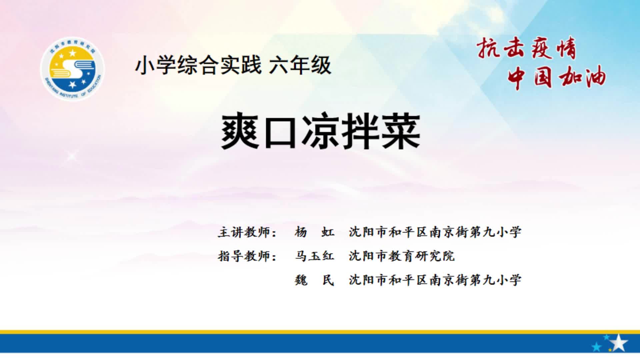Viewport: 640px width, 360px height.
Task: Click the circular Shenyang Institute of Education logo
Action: click(72, 69)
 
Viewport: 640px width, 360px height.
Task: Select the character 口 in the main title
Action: click(280, 132)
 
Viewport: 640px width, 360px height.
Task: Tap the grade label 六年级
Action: click(300, 65)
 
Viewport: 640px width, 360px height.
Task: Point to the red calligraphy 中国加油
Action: click(556, 77)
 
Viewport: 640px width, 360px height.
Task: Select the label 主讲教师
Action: click(247, 232)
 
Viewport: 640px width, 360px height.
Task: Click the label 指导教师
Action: click(247, 256)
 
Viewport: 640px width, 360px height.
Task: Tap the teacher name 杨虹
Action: click(314, 232)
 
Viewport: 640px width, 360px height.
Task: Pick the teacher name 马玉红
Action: click(314, 256)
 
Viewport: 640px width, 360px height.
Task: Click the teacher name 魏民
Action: click(314, 280)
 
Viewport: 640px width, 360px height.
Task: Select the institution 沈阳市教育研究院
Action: click(402, 256)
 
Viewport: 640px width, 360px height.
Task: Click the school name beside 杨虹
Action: click(435, 232)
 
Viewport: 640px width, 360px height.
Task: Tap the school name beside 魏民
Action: click(435, 280)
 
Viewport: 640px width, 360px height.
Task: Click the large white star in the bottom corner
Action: click(619, 343)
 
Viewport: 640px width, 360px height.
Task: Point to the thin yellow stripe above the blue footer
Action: click(320, 332)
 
